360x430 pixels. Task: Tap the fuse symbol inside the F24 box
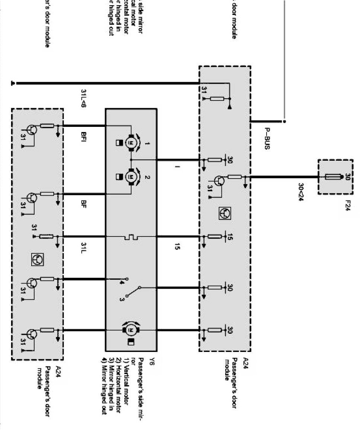click(x=334, y=177)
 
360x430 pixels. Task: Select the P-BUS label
click(x=267, y=138)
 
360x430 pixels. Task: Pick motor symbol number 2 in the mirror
click(x=131, y=176)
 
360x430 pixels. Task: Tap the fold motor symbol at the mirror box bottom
click(x=130, y=330)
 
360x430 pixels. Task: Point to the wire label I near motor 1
click(x=176, y=166)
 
